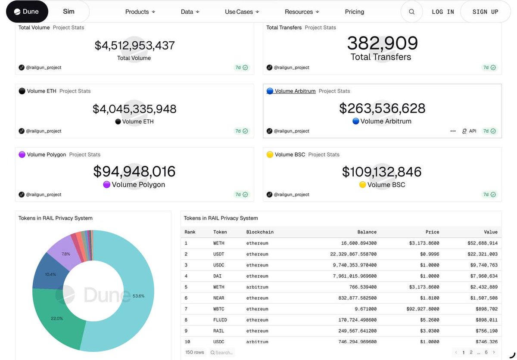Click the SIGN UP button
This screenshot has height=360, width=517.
click(x=485, y=12)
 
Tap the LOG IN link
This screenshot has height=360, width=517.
click(x=443, y=12)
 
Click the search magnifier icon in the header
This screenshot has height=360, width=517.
click(x=411, y=12)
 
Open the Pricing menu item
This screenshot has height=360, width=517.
click(x=354, y=12)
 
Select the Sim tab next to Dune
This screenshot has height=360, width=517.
click(x=69, y=12)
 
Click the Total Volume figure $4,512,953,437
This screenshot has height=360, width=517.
click(x=134, y=45)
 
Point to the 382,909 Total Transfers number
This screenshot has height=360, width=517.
click(x=382, y=43)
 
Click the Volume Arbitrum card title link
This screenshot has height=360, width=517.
click(x=295, y=91)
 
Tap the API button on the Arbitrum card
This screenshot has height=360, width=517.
click(x=469, y=131)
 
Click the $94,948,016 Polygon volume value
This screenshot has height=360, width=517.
click(x=134, y=171)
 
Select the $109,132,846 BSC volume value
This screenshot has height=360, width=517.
click(x=382, y=171)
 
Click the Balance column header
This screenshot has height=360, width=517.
click(x=367, y=232)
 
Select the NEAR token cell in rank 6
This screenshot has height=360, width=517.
click(x=219, y=298)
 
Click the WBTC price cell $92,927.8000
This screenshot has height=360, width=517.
click(x=423, y=309)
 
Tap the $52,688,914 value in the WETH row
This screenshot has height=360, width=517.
click(x=482, y=243)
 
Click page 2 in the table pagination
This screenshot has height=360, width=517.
click(x=471, y=352)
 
